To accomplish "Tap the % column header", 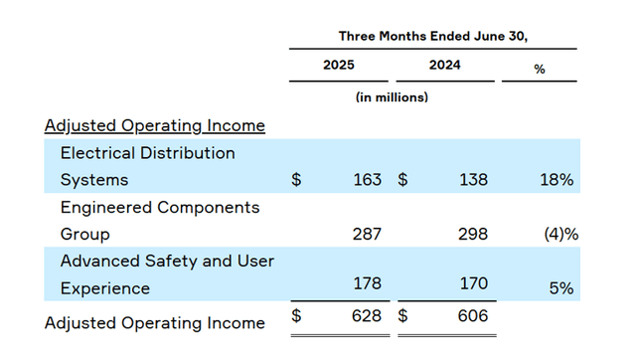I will click(x=540, y=69).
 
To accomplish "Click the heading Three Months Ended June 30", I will click(x=432, y=35).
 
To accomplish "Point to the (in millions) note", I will click(x=392, y=97).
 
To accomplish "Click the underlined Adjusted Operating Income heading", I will click(x=155, y=125).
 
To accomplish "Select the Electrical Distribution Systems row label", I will click(x=148, y=166).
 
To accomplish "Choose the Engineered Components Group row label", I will click(x=160, y=221).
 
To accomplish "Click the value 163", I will click(x=367, y=181).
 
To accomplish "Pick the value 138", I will click(x=473, y=181).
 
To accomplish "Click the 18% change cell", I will click(x=558, y=181).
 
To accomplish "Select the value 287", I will click(x=367, y=235).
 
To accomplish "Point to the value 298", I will click(x=473, y=235).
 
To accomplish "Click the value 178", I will click(x=367, y=283).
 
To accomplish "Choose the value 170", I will click(x=473, y=283).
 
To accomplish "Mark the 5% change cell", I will click(x=561, y=288).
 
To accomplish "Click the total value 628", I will click(x=367, y=316).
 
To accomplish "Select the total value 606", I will click(x=473, y=316).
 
